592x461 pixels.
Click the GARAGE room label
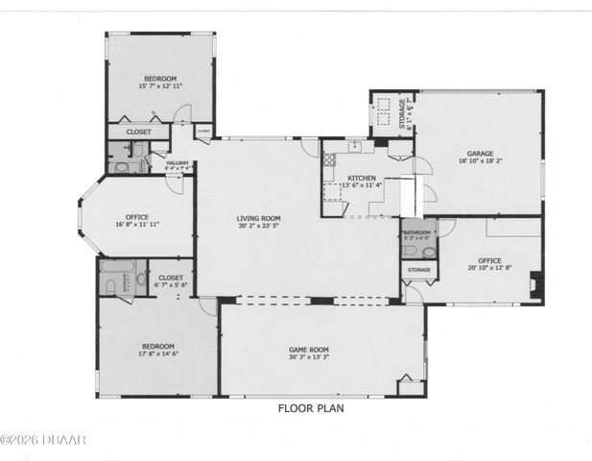pos(480,153)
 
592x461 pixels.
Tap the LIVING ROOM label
pos(258,219)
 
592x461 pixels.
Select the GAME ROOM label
pos(309,350)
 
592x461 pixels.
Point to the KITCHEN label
pos(362,179)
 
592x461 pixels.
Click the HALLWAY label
pos(178,164)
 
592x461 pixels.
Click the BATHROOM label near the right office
pos(417,231)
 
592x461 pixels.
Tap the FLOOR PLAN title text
pos(311,407)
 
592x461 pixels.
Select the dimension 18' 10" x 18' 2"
pos(480,161)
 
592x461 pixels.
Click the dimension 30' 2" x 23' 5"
pos(258,228)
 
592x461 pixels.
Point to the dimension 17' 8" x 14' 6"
pos(158,353)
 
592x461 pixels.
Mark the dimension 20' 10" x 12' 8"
pos(490,268)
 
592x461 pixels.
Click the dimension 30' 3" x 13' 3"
pos(309,357)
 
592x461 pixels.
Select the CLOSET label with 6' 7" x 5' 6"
pos(172,278)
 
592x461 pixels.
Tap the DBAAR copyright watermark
pos(43,440)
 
